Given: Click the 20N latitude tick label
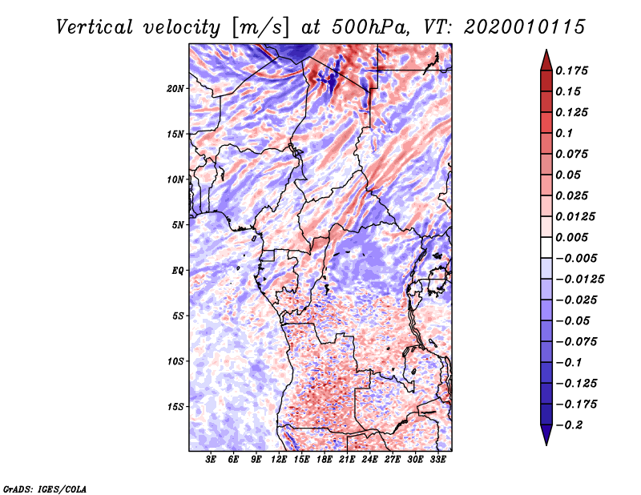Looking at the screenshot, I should (175, 88).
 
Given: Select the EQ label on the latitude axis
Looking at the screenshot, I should (177, 270).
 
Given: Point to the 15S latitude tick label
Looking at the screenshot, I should (175, 406).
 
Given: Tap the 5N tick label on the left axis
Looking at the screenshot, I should (178, 224).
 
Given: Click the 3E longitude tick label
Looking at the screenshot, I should (211, 460).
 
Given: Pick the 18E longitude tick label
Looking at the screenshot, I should (325, 460).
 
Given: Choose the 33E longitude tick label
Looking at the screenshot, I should (437, 460).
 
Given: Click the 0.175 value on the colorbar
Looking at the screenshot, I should (573, 70).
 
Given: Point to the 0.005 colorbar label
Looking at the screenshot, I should (573, 237).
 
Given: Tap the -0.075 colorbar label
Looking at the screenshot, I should (576, 341).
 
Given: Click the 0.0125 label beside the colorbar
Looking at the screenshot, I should (576, 216).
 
